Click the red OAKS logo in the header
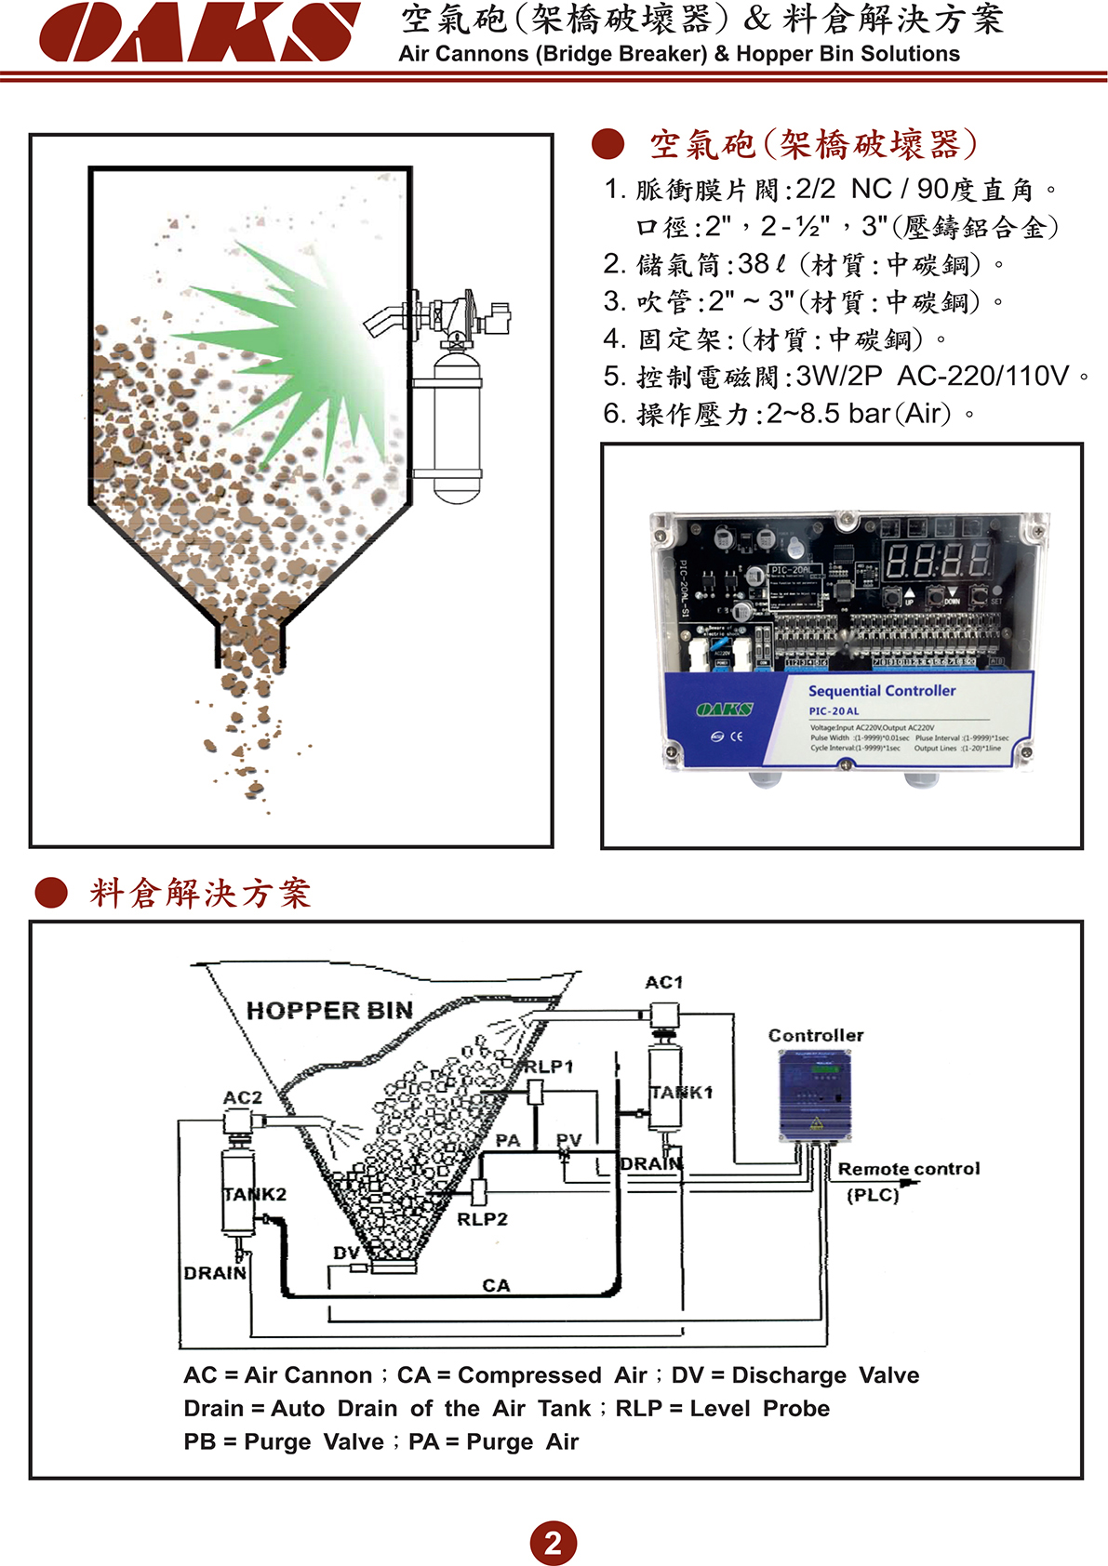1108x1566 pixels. pos(199,33)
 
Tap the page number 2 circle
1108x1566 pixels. pos(553,1543)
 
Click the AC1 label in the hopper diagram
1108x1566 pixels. pos(663,982)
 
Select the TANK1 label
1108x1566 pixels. pos(681,1092)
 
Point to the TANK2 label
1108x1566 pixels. pos(254,1193)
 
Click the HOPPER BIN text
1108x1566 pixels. pos(329,1011)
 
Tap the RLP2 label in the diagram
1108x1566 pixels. pos(482,1218)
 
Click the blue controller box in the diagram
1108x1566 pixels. pos(814,1095)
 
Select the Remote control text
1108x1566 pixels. pos(908,1169)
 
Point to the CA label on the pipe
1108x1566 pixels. pos(496,1285)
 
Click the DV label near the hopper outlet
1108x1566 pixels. pos(346,1253)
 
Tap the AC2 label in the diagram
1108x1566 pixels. pos(243,1097)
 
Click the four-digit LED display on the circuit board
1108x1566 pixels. pos(937,561)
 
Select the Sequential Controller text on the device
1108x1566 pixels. pos(882,691)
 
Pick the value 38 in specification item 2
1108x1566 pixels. pos(754,264)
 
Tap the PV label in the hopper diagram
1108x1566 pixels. pos(568,1139)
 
